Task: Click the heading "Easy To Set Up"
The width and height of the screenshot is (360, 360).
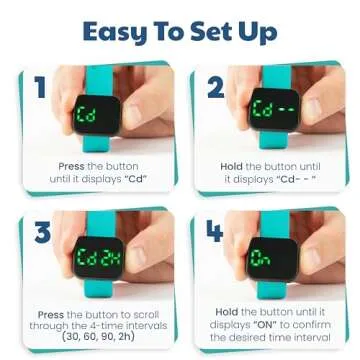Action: tap(179, 31)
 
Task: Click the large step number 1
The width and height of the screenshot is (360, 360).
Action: tap(40, 89)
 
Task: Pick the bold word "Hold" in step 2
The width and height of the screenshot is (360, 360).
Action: tap(233, 165)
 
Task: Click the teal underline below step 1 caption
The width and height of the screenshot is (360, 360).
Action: tap(75, 191)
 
